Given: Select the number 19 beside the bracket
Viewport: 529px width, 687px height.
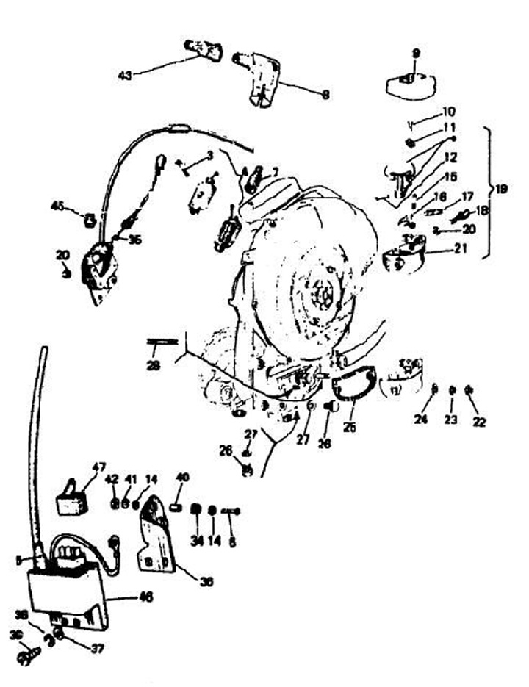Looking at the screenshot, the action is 501,189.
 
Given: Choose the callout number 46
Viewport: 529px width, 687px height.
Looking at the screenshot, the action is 145,597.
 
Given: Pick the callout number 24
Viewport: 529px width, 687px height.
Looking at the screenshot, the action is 421,420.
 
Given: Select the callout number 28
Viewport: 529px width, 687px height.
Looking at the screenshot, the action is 153,366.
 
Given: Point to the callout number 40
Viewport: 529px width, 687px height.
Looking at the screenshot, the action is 182,477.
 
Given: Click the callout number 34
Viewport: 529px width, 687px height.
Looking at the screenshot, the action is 197,542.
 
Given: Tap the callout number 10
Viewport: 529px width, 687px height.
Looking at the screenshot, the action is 448,112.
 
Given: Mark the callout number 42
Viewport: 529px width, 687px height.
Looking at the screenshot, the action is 112,478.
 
